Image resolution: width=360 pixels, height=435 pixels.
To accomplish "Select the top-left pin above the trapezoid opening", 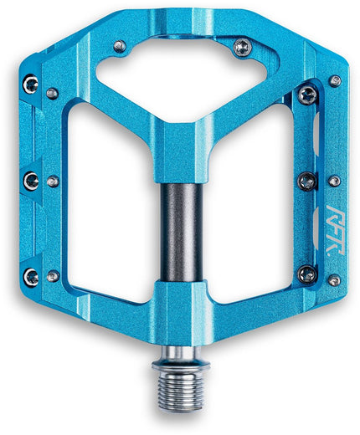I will [x=120, y=45].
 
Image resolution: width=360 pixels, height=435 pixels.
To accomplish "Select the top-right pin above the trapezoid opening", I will [x=241, y=45].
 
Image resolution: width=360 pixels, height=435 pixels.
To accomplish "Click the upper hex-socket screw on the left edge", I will [x=31, y=82].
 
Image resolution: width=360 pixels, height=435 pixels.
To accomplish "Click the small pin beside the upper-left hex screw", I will [x=53, y=92].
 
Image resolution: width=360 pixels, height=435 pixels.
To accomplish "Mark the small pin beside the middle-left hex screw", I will [x=53, y=181].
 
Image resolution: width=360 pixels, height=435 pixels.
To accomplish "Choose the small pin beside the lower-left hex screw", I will [x=53, y=275].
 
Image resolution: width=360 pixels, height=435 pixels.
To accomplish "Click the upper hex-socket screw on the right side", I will [x=307, y=93].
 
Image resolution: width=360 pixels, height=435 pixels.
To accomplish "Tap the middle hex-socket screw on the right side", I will [x=307, y=181].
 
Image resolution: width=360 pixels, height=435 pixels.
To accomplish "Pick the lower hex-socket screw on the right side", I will [x=307, y=274].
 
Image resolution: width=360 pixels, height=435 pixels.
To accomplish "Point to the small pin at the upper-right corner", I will [x=335, y=81].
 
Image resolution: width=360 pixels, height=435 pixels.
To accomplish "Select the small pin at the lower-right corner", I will [x=335, y=280].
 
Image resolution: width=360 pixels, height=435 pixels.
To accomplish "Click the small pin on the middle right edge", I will [x=334, y=180].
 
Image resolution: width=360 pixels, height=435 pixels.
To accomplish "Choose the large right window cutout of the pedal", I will [x=251, y=201].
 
